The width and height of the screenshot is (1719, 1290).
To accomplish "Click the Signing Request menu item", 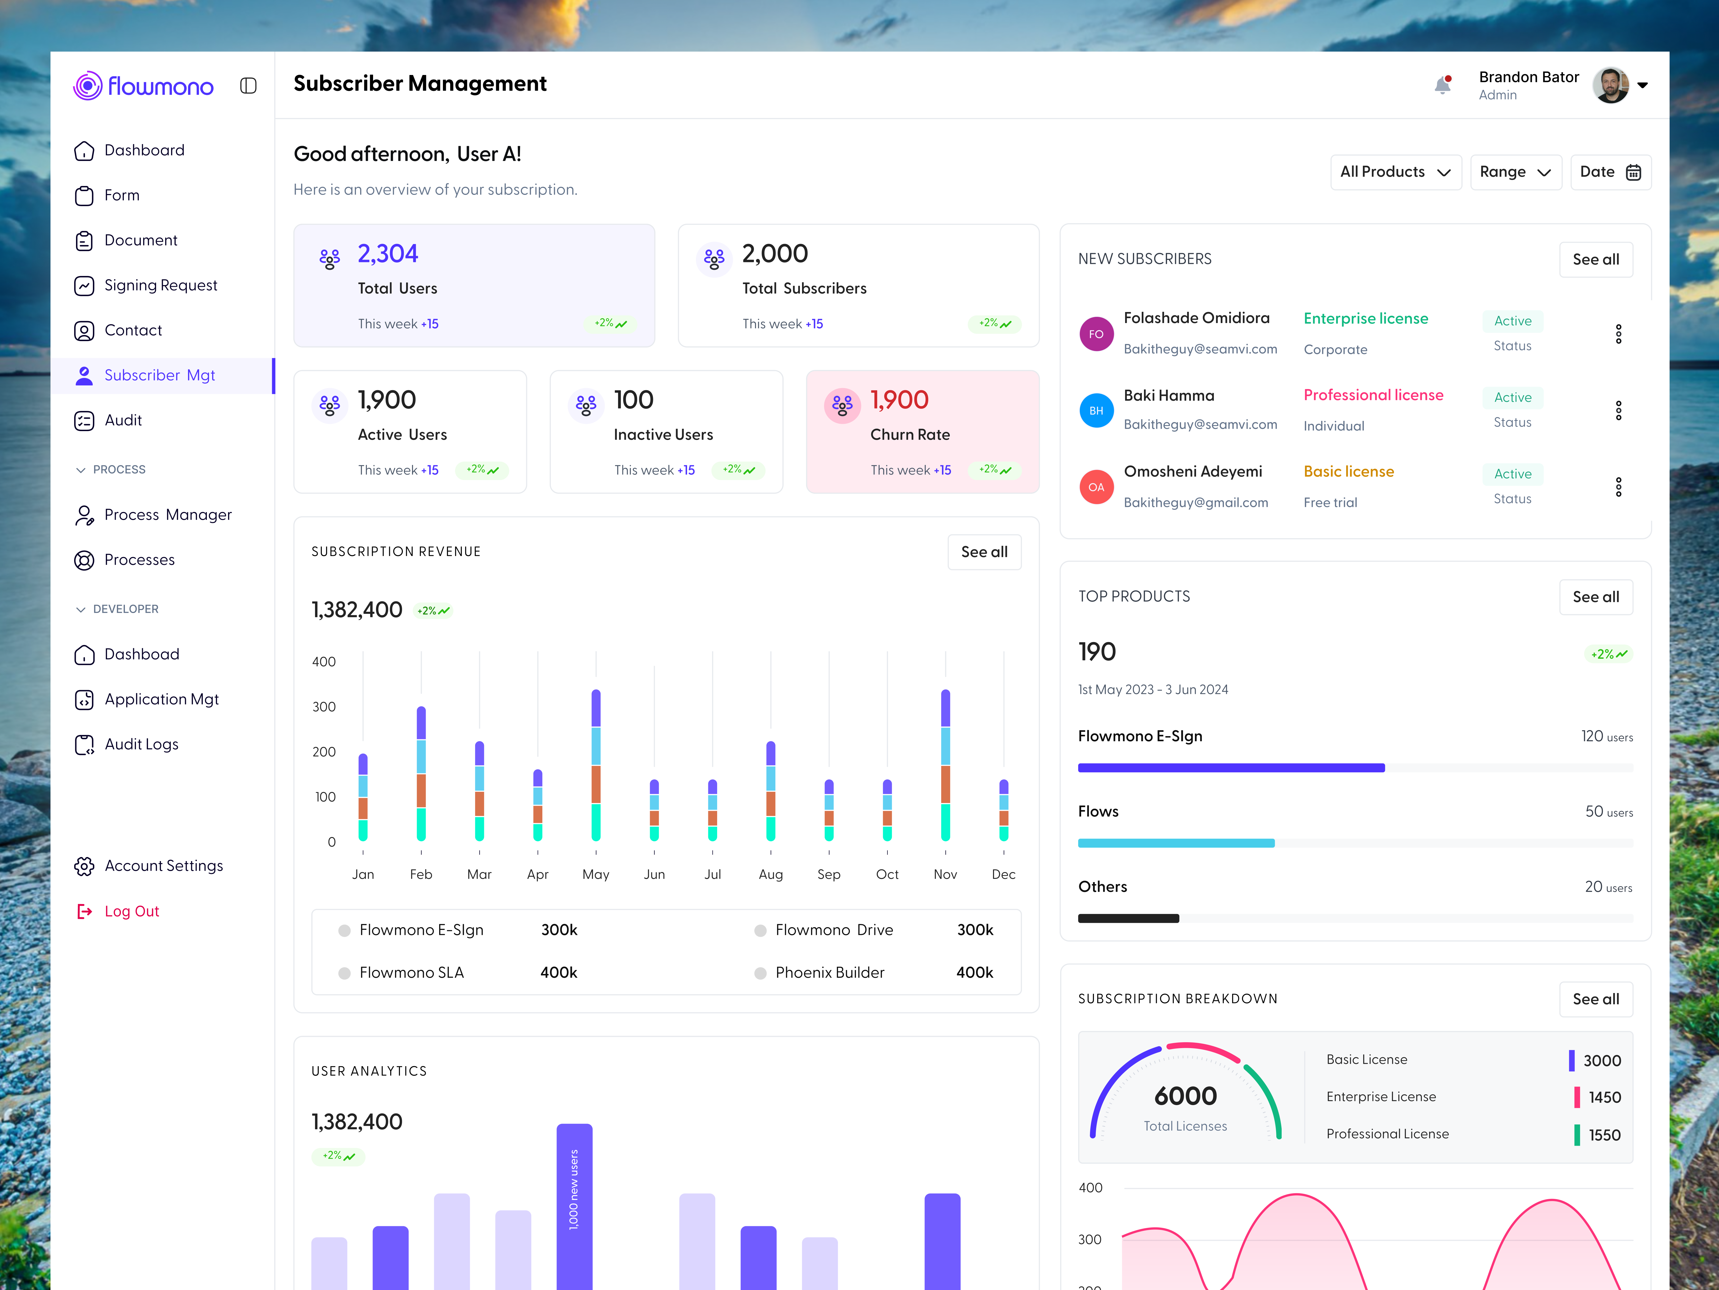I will [x=160, y=285].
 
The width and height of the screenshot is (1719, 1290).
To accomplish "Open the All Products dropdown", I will [x=1395, y=172].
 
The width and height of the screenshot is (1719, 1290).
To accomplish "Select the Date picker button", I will [x=1609, y=172].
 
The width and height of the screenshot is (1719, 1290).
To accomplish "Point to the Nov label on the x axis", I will [x=945, y=874].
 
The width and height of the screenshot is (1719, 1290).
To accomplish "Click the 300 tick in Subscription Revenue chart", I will [x=324, y=707].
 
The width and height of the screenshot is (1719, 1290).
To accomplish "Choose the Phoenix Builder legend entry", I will [x=829, y=973].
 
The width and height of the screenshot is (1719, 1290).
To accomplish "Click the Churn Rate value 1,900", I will [x=899, y=400].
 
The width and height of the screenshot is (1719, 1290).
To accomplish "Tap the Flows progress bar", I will [x=1176, y=843].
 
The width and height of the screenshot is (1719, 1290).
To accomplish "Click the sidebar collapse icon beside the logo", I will [x=249, y=85].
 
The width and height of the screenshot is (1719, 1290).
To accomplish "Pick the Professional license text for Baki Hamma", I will [x=1373, y=395].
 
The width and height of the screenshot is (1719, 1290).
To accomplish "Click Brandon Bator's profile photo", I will [x=1609, y=85].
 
